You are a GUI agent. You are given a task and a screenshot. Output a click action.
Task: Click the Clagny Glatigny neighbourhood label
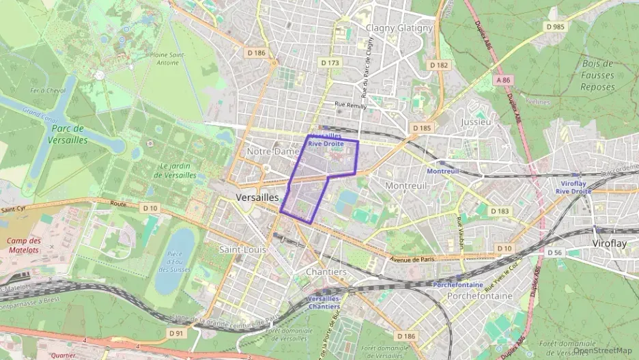click(x=399, y=28)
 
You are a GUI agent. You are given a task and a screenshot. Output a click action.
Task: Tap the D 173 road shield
click(x=330, y=62)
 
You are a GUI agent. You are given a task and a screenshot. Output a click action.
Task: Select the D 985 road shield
click(x=556, y=26)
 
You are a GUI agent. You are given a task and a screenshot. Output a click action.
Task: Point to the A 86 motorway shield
click(x=503, y=80)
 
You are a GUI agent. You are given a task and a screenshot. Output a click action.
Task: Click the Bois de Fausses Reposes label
click(x=597, y=75)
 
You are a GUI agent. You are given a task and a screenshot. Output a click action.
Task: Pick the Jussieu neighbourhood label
click(x=476, y=122)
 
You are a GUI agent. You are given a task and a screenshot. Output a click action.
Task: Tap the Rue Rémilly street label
click(x=350, y=105)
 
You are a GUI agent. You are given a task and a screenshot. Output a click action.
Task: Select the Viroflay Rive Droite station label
click(x=573, y=188)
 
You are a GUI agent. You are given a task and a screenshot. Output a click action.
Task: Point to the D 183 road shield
click(x=500, y=211)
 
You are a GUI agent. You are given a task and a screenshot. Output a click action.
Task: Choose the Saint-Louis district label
click(x=242, y=249)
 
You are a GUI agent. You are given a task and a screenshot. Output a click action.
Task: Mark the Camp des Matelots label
click(x=25, y=245)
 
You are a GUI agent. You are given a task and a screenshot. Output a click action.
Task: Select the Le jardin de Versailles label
click(x=175, y=170)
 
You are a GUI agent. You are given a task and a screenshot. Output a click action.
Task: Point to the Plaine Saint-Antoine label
click(x=168, y=58)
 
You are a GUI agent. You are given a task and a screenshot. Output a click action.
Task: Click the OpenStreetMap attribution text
click(x=602, y=350)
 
